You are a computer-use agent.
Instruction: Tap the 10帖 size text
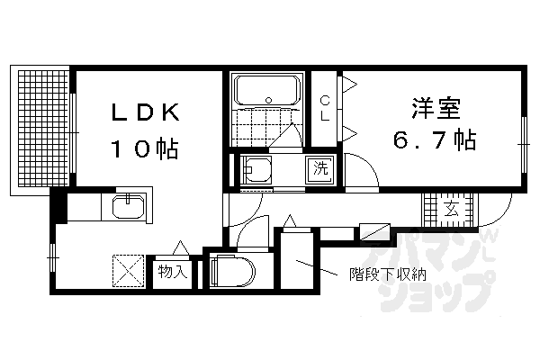click(144, 147)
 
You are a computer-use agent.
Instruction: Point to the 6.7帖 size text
click(433, 141)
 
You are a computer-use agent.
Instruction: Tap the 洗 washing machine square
click(320, 167)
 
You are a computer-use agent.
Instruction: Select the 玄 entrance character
click(450, 209)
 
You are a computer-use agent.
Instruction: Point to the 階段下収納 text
click(386, 275)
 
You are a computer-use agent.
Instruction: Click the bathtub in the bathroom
click(266, 91)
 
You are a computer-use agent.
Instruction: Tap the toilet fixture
click(232, 270)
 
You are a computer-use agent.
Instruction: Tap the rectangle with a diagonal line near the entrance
click(373, 230)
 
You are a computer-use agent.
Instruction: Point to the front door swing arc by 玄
click(491, 211)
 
